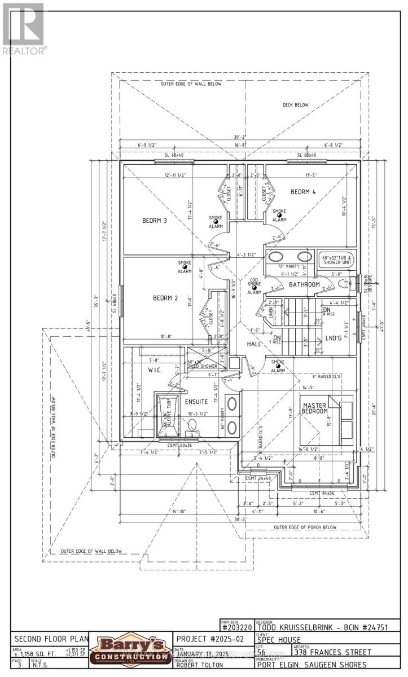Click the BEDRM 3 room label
coord(154,221)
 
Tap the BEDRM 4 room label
coord(303,192)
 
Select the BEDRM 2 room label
coord(165,298)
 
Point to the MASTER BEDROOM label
coord(315,408)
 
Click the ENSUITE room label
coord(196,402)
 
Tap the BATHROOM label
coord(304,284)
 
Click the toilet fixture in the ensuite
coord(192,427)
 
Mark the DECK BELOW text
coord(295,105)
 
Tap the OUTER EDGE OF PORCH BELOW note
coord(305,527)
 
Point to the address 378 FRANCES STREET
coord(327,652)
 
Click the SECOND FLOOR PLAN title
coord(51,639)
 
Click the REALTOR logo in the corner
coord(24,28)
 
